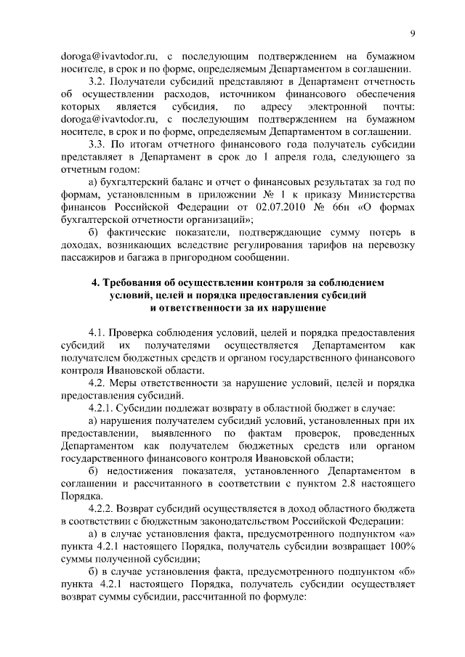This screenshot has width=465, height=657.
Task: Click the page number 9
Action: point(412,34)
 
